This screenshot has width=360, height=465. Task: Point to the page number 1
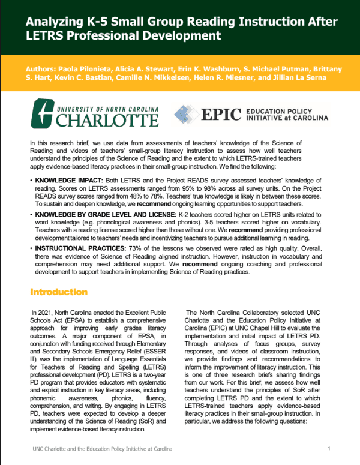coord(329,449)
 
